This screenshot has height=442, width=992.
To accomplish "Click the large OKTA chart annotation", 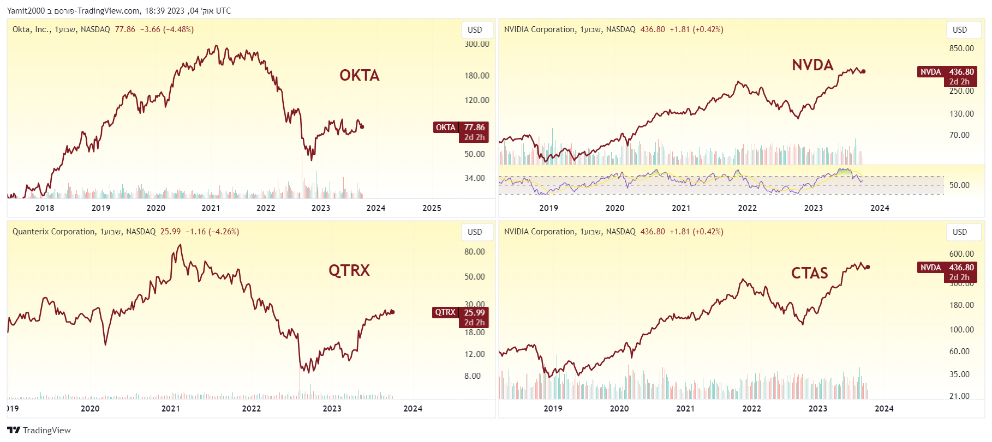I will click(359, 75).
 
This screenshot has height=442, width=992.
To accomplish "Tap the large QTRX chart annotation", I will click(349, 270).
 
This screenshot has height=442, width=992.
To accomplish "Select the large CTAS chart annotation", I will click(809, 273).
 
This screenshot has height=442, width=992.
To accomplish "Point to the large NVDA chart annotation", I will click(812, 65).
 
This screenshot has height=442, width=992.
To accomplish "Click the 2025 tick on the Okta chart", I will click(432, 208).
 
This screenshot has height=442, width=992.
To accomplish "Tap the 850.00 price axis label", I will click(961, 49).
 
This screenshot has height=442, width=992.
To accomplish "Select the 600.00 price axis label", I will click(961, 254).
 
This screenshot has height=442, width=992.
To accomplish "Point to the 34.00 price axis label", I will click(474, 178).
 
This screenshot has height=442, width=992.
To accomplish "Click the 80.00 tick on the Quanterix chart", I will click(474, 252).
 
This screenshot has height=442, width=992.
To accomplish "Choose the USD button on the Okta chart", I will click(475, 30).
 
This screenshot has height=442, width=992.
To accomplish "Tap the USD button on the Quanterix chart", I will click(475, 232).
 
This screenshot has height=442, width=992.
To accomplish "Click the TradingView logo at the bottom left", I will click(39, 430).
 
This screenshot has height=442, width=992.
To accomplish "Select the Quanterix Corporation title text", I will click(54, 232).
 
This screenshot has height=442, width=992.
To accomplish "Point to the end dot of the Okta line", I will click(362, 127).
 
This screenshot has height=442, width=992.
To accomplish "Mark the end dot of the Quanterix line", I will click(392, 312).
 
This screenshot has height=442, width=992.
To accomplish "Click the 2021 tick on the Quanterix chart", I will click(171, 409).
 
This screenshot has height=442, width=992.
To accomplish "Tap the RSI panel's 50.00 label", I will click(959, 185).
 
